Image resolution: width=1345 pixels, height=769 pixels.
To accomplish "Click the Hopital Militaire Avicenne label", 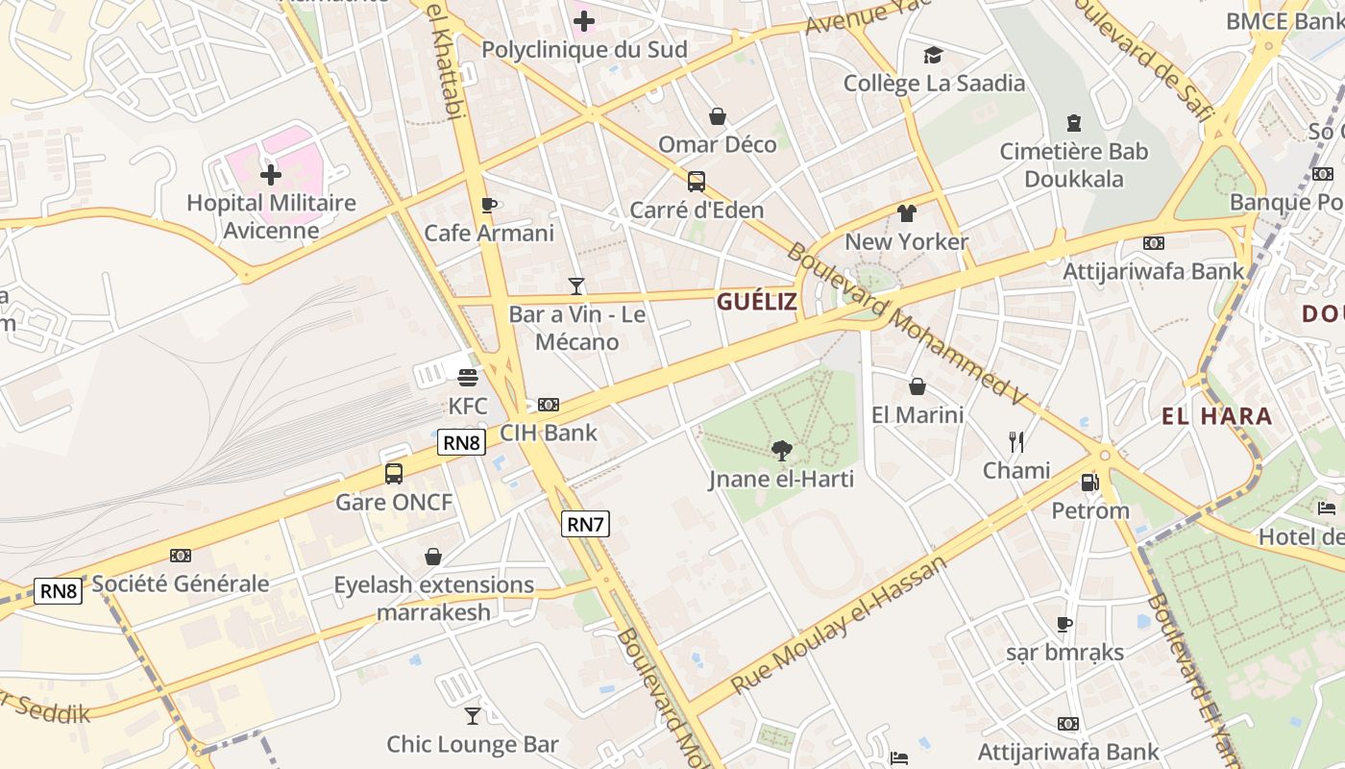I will (271, 216).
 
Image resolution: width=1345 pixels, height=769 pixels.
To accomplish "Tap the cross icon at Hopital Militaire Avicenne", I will (271, 175).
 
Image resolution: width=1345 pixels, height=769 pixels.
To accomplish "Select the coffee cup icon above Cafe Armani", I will (488, 205).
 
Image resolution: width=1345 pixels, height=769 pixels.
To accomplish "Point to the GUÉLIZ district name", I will (757, 302).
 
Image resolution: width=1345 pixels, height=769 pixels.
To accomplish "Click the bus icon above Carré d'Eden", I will (696, 181).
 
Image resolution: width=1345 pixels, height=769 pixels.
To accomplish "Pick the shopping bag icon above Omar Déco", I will (717, 116).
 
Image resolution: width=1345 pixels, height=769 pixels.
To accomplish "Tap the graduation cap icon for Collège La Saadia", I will (933, 55).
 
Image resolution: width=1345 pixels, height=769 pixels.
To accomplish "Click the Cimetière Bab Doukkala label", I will (1073, 165).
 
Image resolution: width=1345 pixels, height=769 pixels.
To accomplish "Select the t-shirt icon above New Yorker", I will (906, 212).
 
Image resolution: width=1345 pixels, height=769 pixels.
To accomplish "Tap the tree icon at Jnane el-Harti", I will (781, 449).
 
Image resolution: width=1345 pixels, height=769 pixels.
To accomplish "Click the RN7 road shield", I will (585, 524).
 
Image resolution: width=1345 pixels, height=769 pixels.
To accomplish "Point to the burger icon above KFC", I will (468, 377).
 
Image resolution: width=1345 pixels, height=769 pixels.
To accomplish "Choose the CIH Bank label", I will (549, 433).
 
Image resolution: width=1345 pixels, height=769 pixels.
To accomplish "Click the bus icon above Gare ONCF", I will (393, 473).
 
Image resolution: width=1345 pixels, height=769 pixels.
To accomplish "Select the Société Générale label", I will (181, 583).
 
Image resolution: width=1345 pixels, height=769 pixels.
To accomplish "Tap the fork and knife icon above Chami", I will (1015, 441).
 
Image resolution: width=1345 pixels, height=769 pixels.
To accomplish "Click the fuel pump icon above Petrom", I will (1089, 482).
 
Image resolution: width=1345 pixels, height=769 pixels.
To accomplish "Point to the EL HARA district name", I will (1216, 416).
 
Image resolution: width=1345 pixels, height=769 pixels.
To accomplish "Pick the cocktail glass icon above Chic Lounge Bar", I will (472, 715).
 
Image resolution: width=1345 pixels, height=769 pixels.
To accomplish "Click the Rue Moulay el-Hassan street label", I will (838, 625).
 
